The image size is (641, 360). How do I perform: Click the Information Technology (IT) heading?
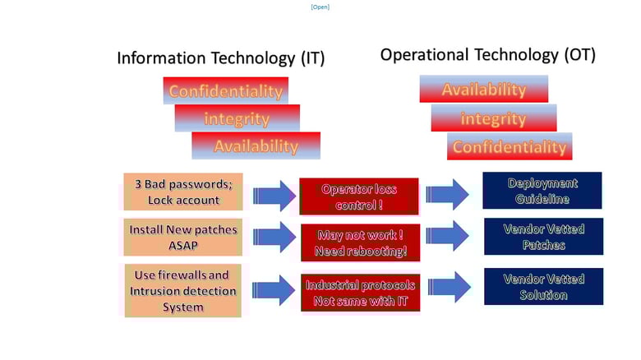click(x=221, y=58)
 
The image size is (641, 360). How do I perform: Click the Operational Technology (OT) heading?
click(x=487, y=55)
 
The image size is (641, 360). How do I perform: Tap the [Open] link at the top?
click(x=320, y=7)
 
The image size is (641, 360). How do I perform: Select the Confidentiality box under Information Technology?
click(x=226, y=90)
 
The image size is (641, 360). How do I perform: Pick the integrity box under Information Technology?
click(x=237, y=118)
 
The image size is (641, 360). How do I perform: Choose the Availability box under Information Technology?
click(x=256, y=145)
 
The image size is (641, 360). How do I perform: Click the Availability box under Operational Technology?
click(x=483, y=89)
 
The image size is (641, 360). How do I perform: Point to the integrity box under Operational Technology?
click(x=494, y=118)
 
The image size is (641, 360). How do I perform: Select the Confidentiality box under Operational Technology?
click(x=510, y=146)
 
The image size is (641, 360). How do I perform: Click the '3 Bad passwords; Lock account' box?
click(x=183, y=192)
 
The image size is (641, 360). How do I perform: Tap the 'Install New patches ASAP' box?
click(x=183, y=238)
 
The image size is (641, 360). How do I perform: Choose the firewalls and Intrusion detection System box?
click(x=182, y=291)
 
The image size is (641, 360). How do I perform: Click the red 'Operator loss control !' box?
click(x=359, y=196)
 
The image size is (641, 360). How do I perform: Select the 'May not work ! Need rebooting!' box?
click(x=361, y=242)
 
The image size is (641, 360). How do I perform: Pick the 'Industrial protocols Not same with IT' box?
click(x=361, y=293)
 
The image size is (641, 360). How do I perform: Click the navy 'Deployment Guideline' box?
click(x=542, y=191)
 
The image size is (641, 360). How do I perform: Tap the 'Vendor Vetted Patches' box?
click(x=544, y=237)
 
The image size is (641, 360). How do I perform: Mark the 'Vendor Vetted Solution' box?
click(x=544, y=286)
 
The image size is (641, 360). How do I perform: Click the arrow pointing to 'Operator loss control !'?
click(x=274, y=196)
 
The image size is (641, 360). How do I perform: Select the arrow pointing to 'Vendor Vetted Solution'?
click(x=450, y=287)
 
